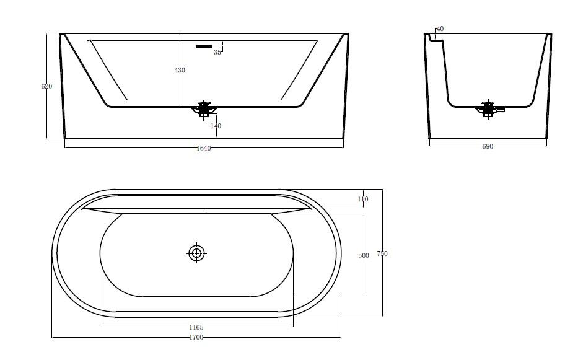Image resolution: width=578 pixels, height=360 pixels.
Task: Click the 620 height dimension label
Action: pyautogui.click(x=46, y=86)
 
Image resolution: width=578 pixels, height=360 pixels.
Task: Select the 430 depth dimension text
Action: pyautogui.click(x=180, y=70)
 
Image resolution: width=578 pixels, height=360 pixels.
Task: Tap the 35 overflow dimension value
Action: pyautogui.click(x=217, y=53)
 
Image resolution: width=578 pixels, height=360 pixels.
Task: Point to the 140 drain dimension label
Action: pyautogui.click(x=216, y=126)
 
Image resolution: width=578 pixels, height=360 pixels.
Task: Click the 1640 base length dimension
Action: pyautogui.click(x=204, y=148)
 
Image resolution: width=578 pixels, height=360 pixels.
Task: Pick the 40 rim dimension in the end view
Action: pyautogui.click(x=440, y=29)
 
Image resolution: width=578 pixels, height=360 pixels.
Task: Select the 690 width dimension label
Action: pyautogui.click(x=488, y=146)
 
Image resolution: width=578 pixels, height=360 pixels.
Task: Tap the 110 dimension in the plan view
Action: pyautogui.click(x=362, y=199)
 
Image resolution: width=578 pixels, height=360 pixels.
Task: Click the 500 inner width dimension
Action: pyautogui.click(x=364, y=255)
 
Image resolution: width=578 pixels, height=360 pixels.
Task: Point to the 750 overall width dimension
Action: pyautogui.click(x=382, y=253)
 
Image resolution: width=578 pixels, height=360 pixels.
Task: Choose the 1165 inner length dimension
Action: pyautogui.click(x=196, y=327)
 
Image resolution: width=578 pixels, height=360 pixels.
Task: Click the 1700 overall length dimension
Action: pyautogui.click(x=196, y=337)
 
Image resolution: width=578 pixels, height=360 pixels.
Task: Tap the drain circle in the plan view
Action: pyautogui.click(x=196, y=252)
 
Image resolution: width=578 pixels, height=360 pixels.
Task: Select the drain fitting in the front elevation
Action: pyautogui.click(x=204, y=110)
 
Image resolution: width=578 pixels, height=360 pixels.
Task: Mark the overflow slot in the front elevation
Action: pyautogui.click(x=204, y=45)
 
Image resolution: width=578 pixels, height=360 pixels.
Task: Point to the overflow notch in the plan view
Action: pyautogui.click(x=196, y=209)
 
